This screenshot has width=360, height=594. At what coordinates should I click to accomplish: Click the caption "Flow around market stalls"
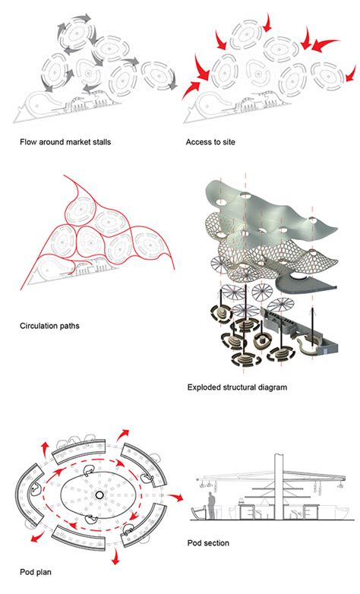click(x=65, y=143)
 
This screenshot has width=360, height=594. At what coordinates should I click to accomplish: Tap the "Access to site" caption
click(x=210, y=143)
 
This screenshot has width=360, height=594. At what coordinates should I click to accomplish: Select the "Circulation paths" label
click(x=49, y=326)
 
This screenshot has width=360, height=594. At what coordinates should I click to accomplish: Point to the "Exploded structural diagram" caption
click(x=237, y=387)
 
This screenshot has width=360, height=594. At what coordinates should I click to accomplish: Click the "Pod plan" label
click(x=36, y=572)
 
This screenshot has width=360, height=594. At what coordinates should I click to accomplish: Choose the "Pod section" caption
click(x=208, y=543)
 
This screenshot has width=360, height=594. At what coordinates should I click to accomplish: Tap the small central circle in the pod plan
click(x=99, y=495)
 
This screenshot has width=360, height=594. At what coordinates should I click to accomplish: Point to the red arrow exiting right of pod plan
click(x=175, y=496)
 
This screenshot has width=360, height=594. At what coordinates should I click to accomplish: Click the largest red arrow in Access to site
click(x=325, y=44)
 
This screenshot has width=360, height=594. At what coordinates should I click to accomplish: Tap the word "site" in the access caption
click(x=228, y=143)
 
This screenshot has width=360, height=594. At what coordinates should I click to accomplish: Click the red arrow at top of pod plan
click(x=123, y=434)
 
